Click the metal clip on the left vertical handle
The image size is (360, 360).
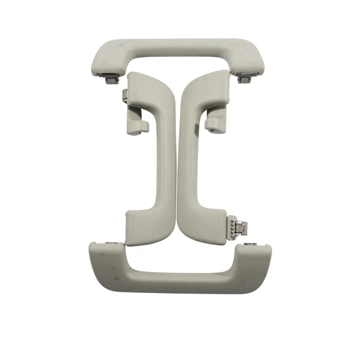click(x=124, y=97)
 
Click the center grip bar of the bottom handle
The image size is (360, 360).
click(x=180, y=283)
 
